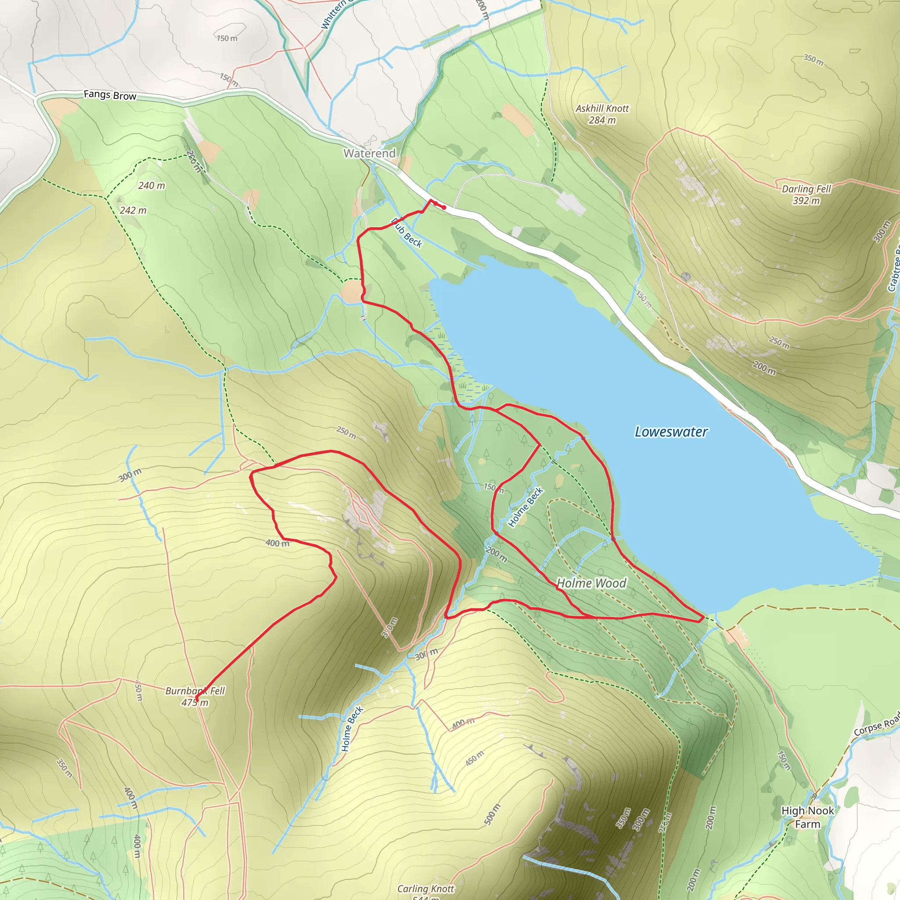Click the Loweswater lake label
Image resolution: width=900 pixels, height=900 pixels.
click(x=671, y=432)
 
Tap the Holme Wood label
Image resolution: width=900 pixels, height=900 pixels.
click(x=592, y=583)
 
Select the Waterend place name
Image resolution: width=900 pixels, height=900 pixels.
click(x=370, y=153)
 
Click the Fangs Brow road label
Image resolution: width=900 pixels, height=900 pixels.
click(x=110, y=95)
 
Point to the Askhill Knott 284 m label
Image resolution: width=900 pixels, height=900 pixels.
click(x=602, y=114)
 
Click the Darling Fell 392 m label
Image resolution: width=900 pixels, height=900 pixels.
click(x=806, y=195)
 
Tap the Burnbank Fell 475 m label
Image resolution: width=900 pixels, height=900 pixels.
click(x=195, y=697)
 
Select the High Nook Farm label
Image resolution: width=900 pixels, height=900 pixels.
click(x=807, y=817)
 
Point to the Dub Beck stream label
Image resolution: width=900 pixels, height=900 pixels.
click(x=406, y=233)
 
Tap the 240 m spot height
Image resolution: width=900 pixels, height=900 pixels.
click(x=152, y=185)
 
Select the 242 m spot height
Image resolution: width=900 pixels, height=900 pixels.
click(x=133, y=210)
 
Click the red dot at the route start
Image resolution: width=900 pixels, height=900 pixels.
click(x=444, y=207)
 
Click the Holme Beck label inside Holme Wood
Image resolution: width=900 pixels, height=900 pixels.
click(x=526, y=507)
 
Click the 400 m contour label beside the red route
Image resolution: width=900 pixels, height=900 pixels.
click(x=277, y=543)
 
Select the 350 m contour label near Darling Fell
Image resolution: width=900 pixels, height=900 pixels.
click(x=813, y=60)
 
